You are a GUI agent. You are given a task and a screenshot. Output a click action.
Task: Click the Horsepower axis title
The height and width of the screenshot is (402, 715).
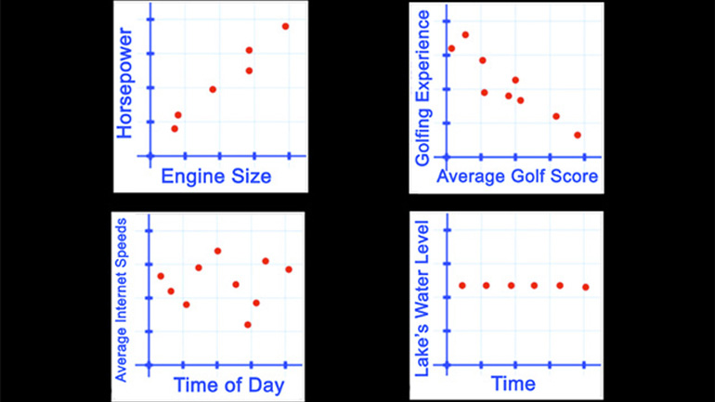[x=126, y=85]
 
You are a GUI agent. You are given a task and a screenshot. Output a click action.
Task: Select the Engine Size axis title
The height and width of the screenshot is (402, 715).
[x=216, y=176]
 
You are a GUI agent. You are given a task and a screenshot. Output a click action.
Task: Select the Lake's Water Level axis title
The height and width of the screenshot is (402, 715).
[x=422, y=298]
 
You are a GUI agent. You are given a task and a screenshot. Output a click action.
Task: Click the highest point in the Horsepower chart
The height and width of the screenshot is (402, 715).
[x=285, y=26]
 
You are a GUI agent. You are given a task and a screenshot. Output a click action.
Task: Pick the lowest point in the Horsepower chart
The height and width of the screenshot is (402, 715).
[x=175, y=128]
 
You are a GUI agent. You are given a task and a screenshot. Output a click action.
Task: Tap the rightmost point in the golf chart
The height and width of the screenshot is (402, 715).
[x=578, y=135]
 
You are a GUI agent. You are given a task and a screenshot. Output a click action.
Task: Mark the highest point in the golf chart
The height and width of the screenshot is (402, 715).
[x=465, y=34]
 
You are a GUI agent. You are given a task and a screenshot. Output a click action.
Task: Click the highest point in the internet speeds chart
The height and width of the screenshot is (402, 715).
[x=217, y=251]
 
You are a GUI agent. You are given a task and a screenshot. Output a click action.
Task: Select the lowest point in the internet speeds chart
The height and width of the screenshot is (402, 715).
[x=248, y=324]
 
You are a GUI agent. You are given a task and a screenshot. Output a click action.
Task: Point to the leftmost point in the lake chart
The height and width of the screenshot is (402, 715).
[x=462, y=285]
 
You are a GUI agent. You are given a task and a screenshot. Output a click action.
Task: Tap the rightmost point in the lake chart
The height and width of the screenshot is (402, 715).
[x=585, y=287]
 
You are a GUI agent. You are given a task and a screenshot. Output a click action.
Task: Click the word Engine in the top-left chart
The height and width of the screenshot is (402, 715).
[x=188, y=176]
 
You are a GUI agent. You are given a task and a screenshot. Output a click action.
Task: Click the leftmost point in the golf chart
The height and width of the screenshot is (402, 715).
[x=451, y=48]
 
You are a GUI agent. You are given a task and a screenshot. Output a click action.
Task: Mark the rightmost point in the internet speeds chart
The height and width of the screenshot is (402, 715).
[x=289, y=269]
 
